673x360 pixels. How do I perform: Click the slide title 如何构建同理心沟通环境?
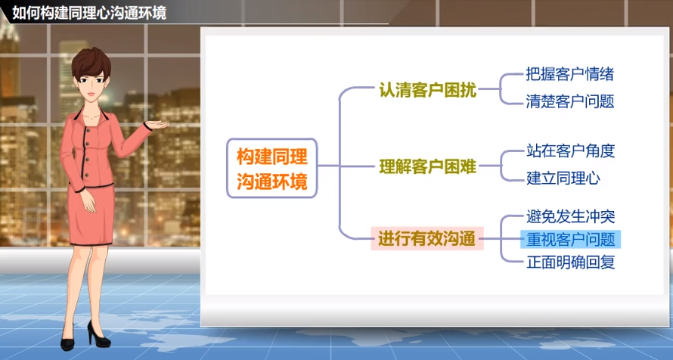point(90,13)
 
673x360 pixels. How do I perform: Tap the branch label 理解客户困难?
point(427,166)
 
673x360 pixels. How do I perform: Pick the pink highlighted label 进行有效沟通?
point(427,240)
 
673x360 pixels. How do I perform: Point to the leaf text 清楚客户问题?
point(569,101)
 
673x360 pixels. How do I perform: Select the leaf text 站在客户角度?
point(569,151)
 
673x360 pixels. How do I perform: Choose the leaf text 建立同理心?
point(563,178)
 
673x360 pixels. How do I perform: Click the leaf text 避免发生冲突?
point(569,216)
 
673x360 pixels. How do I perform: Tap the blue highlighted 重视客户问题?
point(570,240)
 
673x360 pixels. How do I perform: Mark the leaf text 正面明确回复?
point(569,263)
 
